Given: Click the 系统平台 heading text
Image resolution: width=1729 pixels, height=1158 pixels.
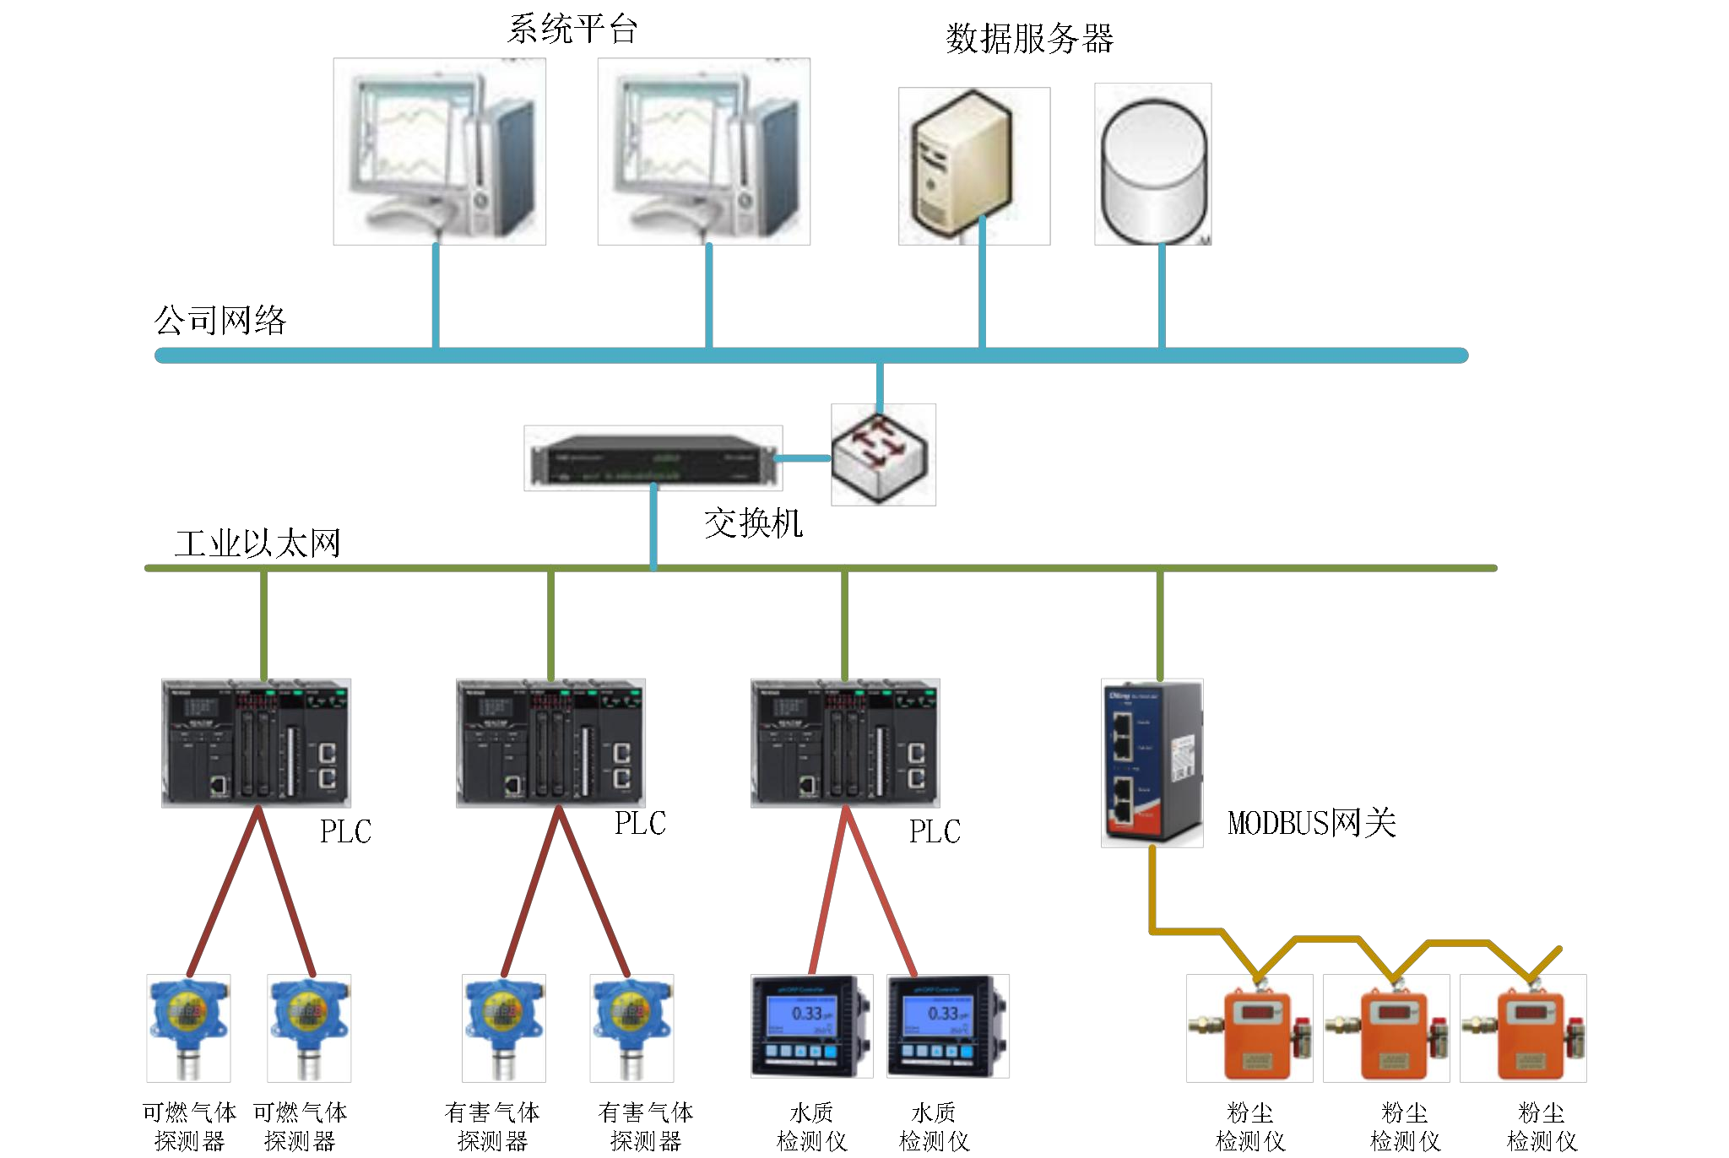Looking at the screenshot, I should pos(572,30).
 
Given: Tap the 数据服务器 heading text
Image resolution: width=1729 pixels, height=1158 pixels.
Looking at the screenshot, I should pos(1029,39).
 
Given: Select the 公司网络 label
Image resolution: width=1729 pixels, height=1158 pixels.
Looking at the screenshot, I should pos(220,321).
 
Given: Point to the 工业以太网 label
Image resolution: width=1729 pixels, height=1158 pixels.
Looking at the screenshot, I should pos(257,544).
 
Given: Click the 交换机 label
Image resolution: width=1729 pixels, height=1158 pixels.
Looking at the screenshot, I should pos(753,523).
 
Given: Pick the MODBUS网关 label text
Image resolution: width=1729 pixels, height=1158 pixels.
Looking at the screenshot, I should pos(1312,823).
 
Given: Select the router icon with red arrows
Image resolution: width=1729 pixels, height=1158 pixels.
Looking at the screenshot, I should pos(882,454).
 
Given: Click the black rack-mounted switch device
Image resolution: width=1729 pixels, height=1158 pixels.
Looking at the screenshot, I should pos(653,458).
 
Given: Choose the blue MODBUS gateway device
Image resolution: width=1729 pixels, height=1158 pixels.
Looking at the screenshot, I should pos(1152,762).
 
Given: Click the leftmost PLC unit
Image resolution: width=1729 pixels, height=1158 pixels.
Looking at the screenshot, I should pos(256,743).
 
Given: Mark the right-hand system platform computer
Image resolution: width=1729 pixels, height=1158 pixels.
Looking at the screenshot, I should pos(703,152).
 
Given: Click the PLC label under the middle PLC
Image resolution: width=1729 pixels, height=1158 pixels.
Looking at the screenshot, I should pos(640,823).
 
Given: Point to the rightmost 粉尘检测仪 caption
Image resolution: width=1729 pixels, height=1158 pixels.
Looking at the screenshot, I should pos(1542,1127).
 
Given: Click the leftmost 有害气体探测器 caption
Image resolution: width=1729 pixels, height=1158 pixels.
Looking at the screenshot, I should pos(492,1127).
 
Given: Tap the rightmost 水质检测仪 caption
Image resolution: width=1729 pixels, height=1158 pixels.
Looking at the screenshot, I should pos(934,1127).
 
